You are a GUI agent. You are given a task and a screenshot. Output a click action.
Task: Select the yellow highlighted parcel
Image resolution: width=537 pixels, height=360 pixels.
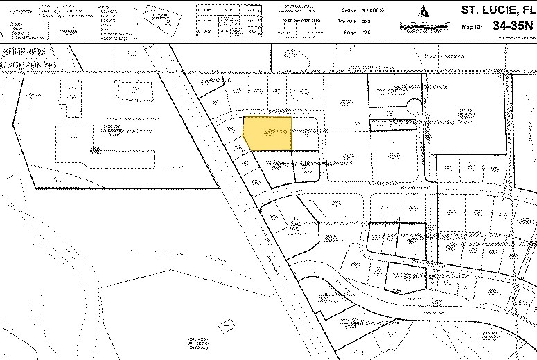(x=268, y=133)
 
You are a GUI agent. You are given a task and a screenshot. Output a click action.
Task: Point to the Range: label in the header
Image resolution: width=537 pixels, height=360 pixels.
(x=351, y=30)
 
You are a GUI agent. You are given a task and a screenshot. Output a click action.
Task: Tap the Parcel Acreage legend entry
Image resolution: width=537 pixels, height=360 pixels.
(x=114, y=39)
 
